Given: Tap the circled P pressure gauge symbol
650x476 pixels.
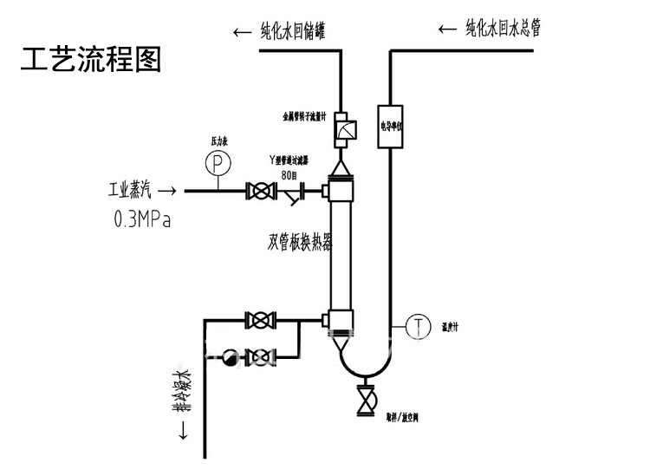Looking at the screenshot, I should point(218,161).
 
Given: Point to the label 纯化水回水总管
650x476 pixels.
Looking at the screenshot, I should point(504,29).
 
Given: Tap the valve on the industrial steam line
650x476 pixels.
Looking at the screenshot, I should point(258,191).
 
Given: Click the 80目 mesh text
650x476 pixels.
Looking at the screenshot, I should point(290,175).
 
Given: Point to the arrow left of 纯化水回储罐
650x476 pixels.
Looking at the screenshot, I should point(242,33).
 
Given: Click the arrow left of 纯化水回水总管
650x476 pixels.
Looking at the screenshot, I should point(447,29).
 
